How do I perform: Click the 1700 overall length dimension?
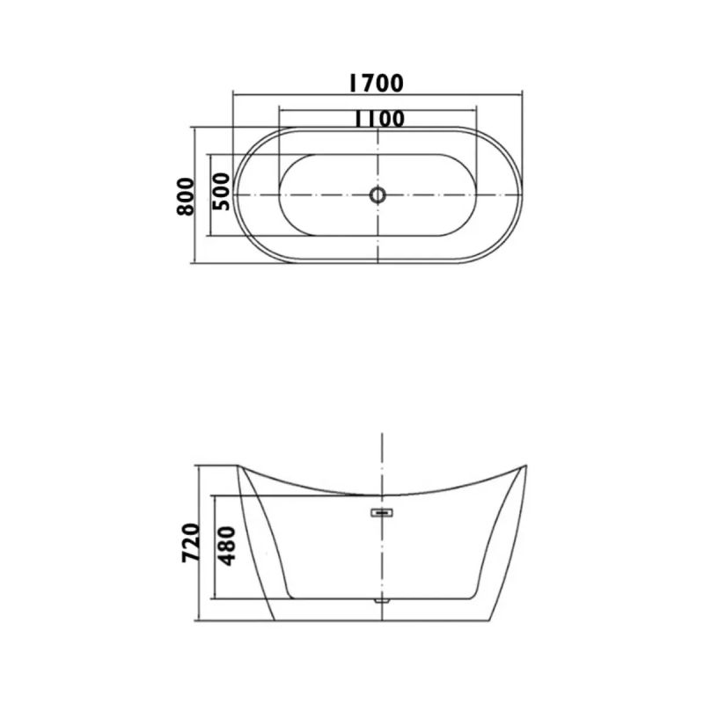pyautogui.click(x=376, y=84)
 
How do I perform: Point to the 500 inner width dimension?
pyautogui.click(x=221, y=191)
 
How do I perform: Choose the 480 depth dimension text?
pyautogui.click(x=226, y=546)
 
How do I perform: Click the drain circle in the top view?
pyautogui.click(x=378, y=194)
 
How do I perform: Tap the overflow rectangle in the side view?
pyautogui.click(x=381, y=512)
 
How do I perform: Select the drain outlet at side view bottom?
pyautogui.click(x=381, y=600)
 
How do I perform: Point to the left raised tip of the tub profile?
pyautogui.click(x=240, y=468)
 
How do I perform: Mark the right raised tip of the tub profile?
pyautogui.click(x=524, y=467)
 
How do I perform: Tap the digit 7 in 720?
pyautogui.click(x=193, y=561)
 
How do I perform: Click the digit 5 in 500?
pyautogui.click(x=221, y=204)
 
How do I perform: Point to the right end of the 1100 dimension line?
pyautogui.click(x=477, y=108)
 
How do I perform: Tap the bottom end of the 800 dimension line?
pyautogui.click(x=193, y=262)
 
